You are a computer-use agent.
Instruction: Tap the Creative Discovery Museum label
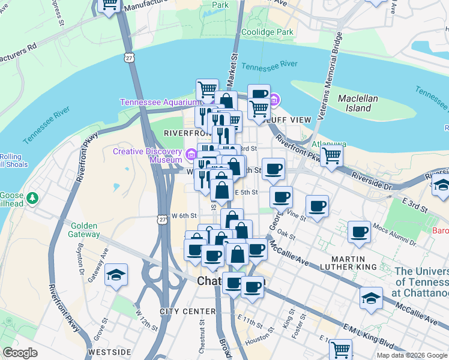(x=148, y=155)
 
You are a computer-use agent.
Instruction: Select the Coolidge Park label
(x=267, y=32)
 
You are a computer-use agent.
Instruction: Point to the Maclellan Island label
(x=358, y=103)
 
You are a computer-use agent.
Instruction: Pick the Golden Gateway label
(x=84, y=230)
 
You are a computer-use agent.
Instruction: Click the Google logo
(x=20, y=353)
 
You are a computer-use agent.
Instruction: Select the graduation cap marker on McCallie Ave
(x=372, y=298)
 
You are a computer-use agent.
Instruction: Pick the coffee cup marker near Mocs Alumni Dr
(x=360, y=232)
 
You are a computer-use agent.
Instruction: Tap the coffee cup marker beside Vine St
(x=317, y=206)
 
